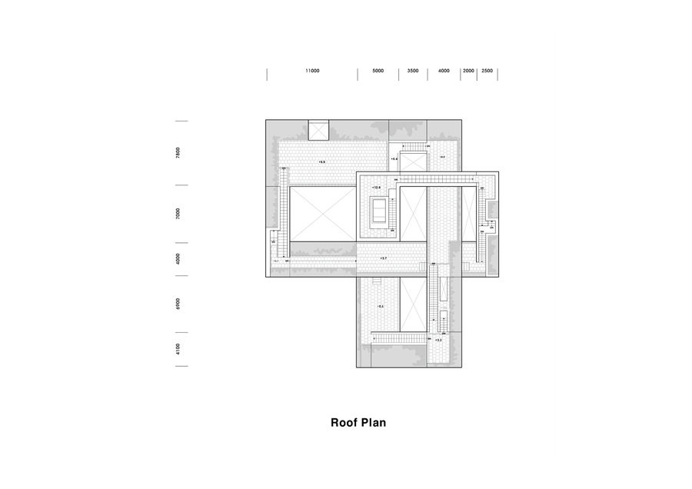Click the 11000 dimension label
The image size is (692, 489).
pyautogui.click(x=311, y=71)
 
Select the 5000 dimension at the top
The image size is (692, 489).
pyautogui.click(x=378, y=71)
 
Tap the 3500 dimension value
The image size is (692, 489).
pyautogui.click(x=413, y=71)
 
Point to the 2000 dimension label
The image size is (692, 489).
pyautogui.click(x=468, y=71)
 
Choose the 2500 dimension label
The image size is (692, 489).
pyautogui.click(x=487, y=71)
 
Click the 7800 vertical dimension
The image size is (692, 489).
pyautogui.click(x=178, y=152)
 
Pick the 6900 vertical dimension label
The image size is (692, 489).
pyautogui.click(x=178, y=304)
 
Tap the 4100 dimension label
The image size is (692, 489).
pyautogui.click(x=178, y=349)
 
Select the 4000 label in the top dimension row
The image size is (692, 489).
pyautogui.click(x=444, y=71)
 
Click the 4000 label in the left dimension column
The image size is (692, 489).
pyautogui.click(x=178, y=259)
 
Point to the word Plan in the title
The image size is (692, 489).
pyautogui.click(x=374, y=422)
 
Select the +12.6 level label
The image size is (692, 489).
pyautogui.click(x=377, y=187)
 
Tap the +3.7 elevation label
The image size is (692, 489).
pyautogui.click(x=383, y=258)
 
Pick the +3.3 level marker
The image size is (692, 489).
pyautogui.click(x=438, y=339)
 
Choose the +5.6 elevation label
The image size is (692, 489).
pyautogui.click(x=394, y=158)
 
